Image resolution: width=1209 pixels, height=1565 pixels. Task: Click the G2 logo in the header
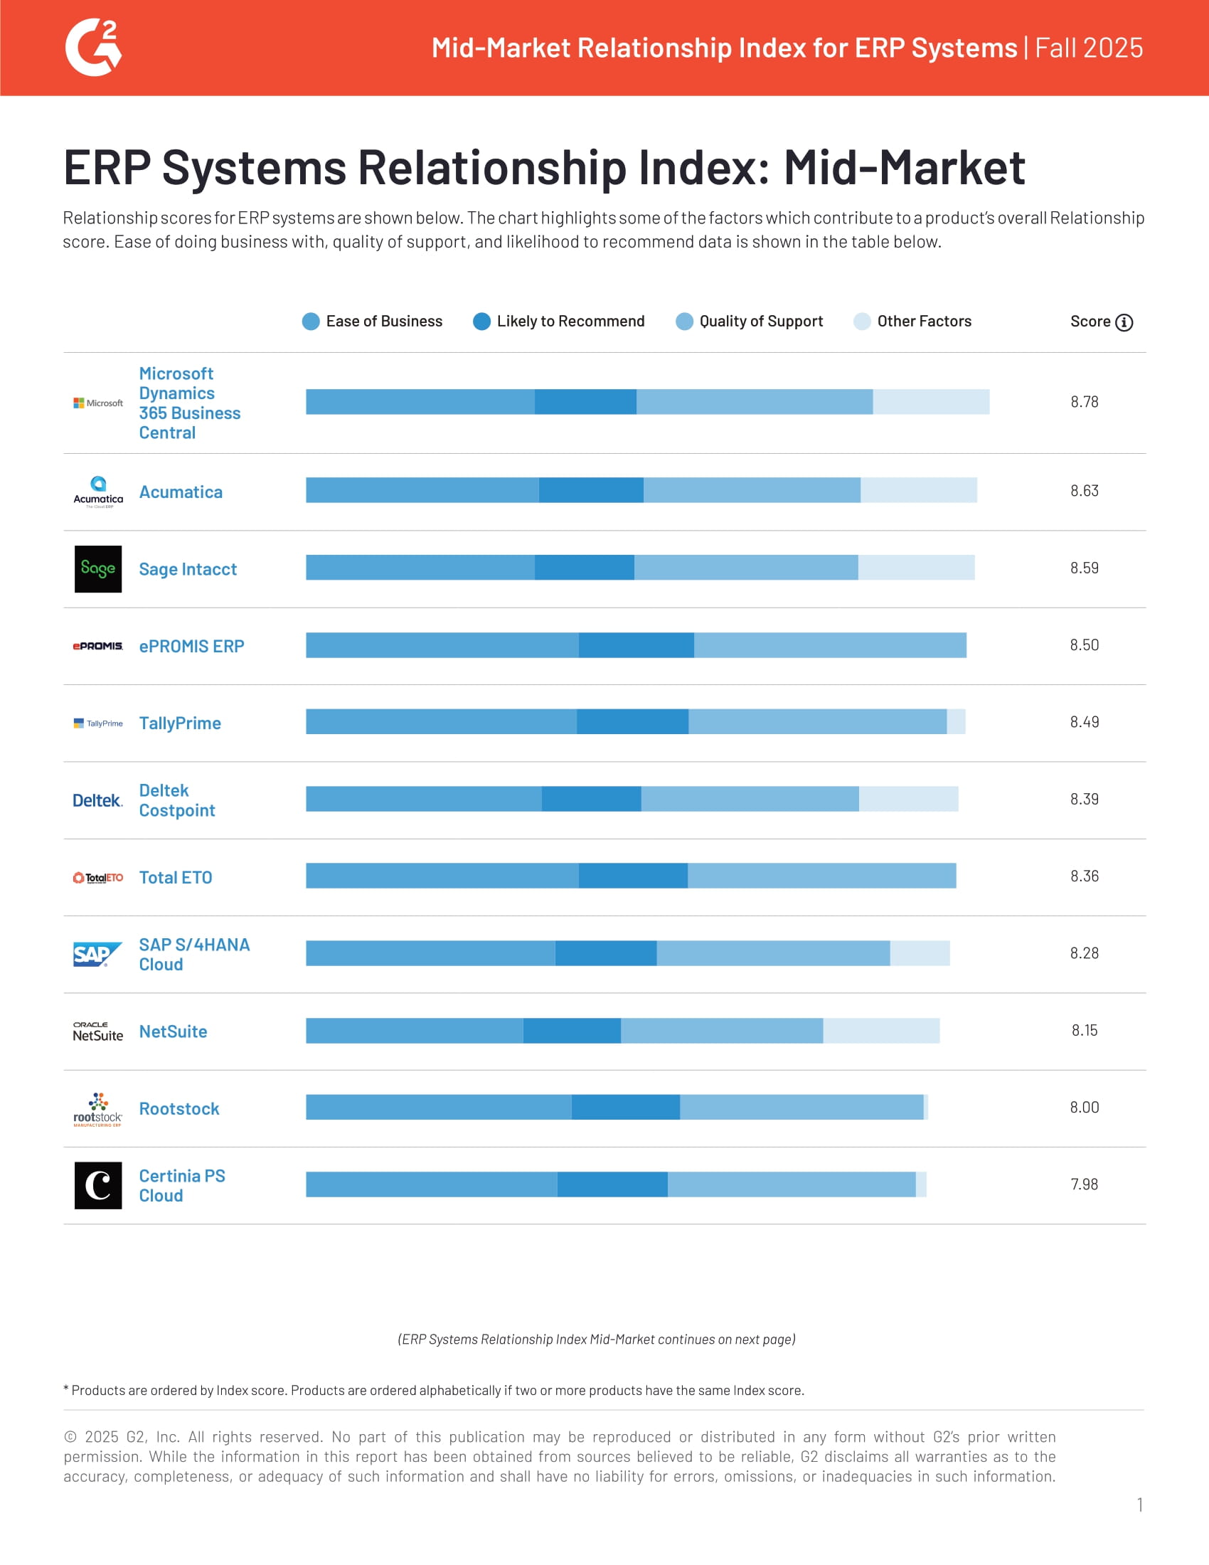point(93,47)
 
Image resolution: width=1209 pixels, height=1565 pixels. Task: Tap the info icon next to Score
point(1124,322)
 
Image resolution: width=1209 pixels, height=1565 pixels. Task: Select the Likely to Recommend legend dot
point(482,322)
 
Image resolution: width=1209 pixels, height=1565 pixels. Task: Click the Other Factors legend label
point(924,322)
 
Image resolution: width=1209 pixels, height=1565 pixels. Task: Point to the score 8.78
point(1084,402)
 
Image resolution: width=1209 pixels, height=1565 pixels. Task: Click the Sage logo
point(98,569)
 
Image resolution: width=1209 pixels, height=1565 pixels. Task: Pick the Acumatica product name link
point(181,492)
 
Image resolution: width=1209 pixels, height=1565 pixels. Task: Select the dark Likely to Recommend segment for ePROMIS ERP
point(636,645)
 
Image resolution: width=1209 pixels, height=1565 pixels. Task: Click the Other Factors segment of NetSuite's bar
point(881,1031)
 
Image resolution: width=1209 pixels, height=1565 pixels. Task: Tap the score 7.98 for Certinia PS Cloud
point(1084,1184)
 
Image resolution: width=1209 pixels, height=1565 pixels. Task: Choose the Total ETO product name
point(176,878)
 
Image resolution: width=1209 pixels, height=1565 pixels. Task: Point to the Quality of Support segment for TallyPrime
point(816,721)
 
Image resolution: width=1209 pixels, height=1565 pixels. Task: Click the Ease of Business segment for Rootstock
point(438,1107)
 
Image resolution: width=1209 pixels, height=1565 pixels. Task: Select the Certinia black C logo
point(98,1185)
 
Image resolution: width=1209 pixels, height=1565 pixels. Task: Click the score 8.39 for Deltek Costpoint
point(1084,799)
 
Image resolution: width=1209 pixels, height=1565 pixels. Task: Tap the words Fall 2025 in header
point(1089,48)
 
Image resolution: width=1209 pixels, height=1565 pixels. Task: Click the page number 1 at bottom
point(1139,1505)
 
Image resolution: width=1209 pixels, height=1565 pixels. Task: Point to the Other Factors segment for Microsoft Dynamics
point(931,402)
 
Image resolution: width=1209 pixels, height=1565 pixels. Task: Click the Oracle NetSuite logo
point(98,1032)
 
